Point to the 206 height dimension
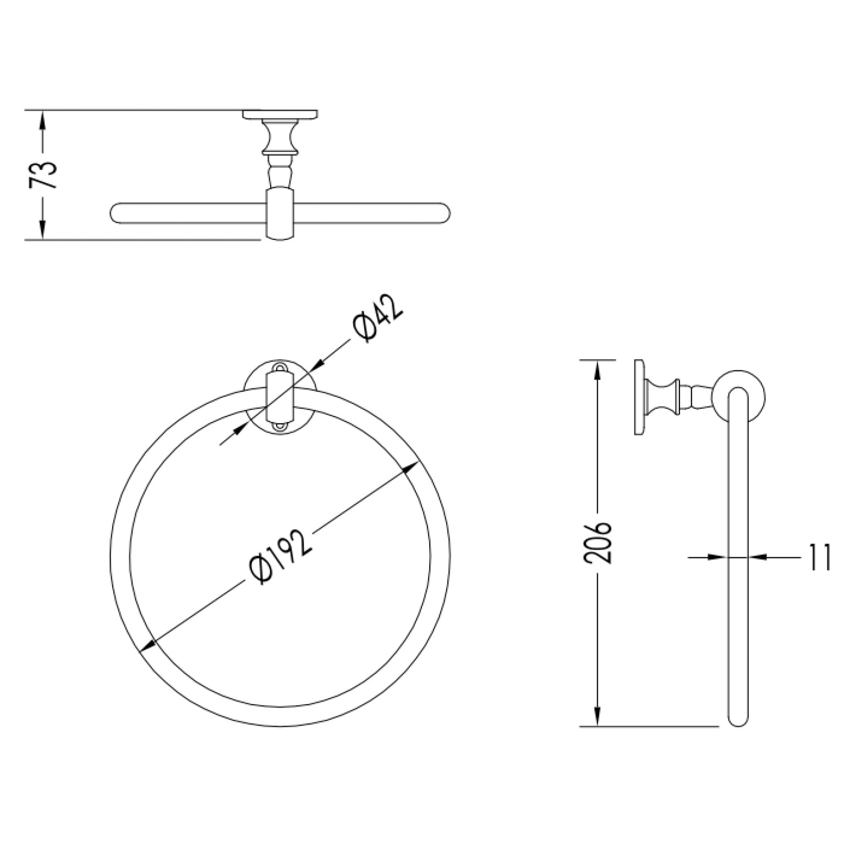[598, 542]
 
